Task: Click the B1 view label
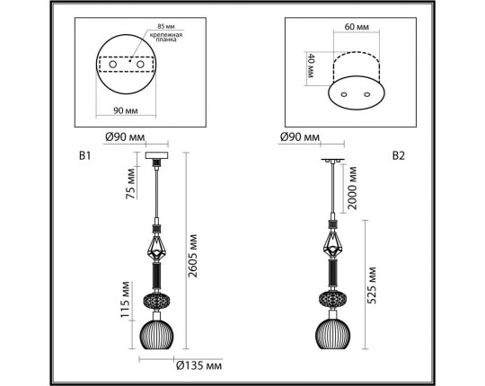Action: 85,154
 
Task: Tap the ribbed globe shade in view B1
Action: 159,336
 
